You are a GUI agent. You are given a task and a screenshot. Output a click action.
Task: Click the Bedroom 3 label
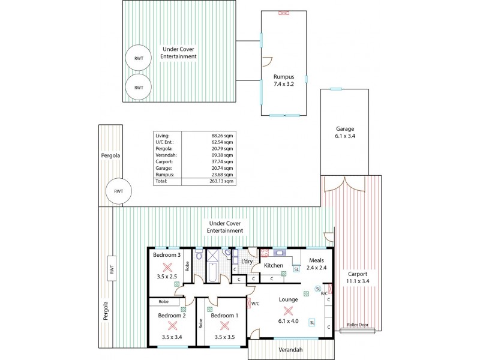(x=167, y=255)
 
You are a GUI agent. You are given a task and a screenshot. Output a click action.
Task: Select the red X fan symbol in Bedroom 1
(x=224, y=326)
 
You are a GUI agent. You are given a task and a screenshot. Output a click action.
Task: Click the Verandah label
(x=290, y=350)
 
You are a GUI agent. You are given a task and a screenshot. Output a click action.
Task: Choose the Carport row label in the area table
(x=164, y=161)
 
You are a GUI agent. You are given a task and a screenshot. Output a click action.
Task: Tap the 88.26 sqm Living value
(x=223, y=136)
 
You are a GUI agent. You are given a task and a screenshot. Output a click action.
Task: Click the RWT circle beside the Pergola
(x=118, y=191)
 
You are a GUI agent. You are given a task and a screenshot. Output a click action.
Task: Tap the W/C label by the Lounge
(x=254, y=304)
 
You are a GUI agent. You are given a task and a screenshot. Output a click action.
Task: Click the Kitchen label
(x=274, y=265)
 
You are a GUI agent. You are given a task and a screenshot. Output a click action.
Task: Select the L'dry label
(x=247, y=261)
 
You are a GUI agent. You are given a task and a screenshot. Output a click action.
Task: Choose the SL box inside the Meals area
(x=296, y=269)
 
